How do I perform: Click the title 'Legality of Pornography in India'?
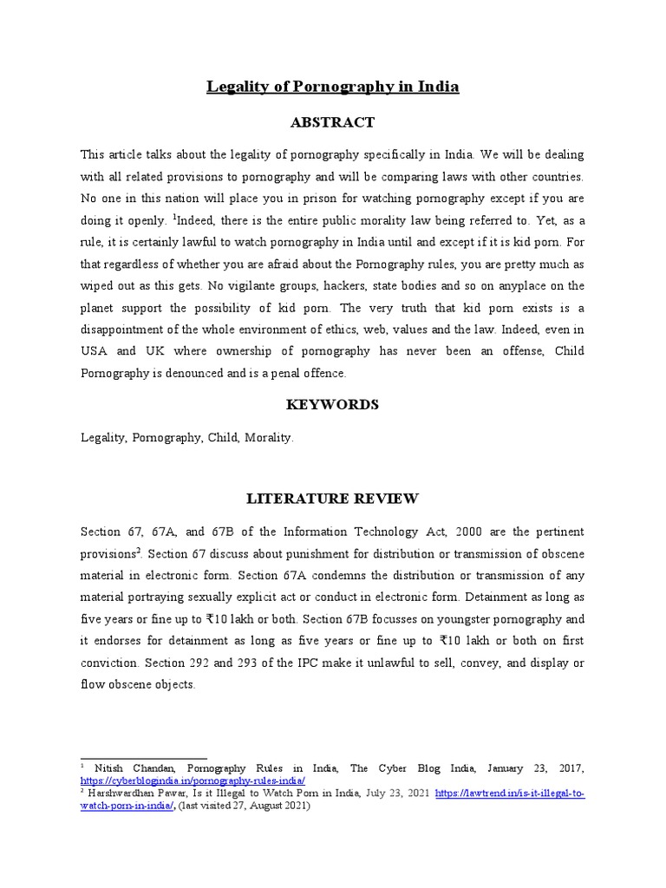[332, 87]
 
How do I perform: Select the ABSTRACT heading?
[332, 122]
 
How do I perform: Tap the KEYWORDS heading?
[332, 405]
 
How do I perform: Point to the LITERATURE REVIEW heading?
[332, 499]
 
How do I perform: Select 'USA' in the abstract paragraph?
[93, 351]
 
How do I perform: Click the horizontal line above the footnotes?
[143, 758]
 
